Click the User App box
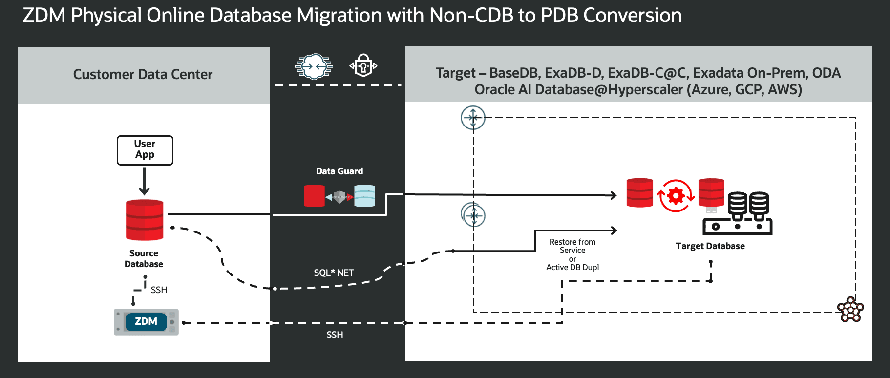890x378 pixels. (145, 150)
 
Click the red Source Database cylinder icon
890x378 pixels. (144, 220)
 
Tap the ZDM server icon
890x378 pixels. (146, 322)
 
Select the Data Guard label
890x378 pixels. (339, 171)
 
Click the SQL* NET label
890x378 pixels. (334, 273)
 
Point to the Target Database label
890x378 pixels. (710, 246)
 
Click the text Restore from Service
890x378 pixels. (572, 246)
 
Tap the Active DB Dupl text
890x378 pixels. (572, 267)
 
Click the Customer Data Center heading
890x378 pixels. (143, 74)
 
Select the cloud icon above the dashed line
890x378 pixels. (314, 66)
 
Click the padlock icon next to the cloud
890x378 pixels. (363, 65)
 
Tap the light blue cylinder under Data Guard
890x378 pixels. (364, 196)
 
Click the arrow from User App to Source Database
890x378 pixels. (144, 181)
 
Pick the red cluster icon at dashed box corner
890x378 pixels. (850, 309)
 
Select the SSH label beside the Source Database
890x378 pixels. (159, 290)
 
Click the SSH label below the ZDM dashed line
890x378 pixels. (335, 335)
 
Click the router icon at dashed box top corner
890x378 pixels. (473, 118)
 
